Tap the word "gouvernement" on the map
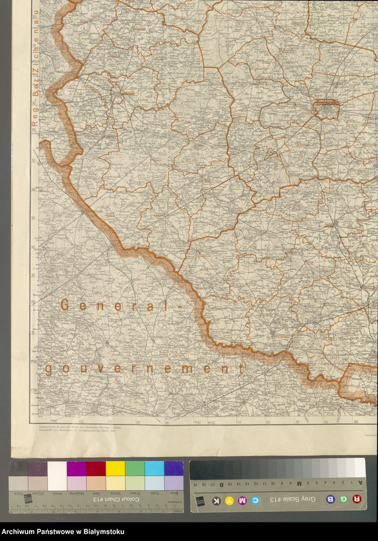(144, 369)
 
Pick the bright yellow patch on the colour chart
(115, 468)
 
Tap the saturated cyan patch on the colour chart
(154, 468)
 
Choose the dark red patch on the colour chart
(96, 468)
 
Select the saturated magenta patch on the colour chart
(77, 468)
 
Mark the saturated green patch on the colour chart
(135, 468)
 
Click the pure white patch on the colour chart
(57, 468)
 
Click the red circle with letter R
(356, 499)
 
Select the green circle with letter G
(343, 499)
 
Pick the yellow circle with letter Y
(229, 500)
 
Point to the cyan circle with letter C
(256, 500)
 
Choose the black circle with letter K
(216, 500)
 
